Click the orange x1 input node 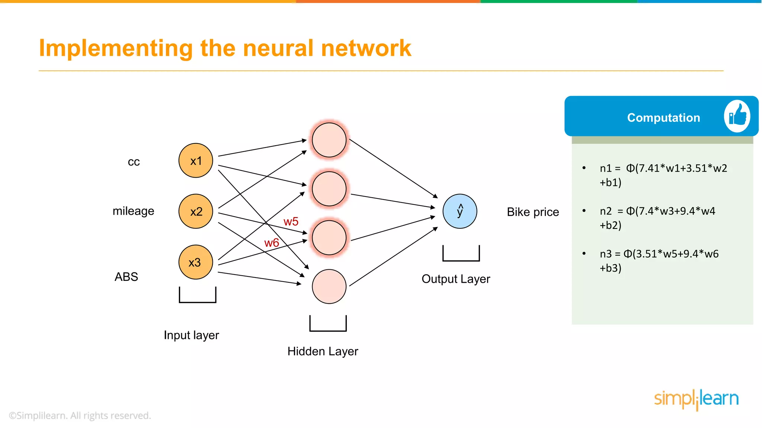click(x=196, y=160)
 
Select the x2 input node click(x=196, y=211)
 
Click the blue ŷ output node click(x=460, y=211)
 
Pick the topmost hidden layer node click(x=329, y=140)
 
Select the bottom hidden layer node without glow click(x=329, y=286)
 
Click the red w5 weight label click(x=291, y=222)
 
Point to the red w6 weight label click(x=272, y=243)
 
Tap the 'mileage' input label click(x=133, y=211)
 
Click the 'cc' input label click(x=134, y=162)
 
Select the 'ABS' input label click(x=126, y=277)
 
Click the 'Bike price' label click(x=533, y=212)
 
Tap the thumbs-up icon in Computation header click(x=737, y=116)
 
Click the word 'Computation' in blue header click(x=663, y=118)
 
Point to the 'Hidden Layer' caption click(x=323, y=351)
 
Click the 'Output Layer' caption click(x=456, y=279)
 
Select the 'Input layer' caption click(x=191, y=335)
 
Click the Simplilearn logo click(x=696, y=399)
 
